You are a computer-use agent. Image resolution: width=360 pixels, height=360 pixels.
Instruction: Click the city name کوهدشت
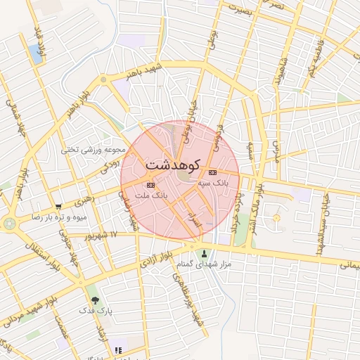[173, 164]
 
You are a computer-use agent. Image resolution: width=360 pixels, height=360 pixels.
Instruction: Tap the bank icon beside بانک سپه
[213, 172]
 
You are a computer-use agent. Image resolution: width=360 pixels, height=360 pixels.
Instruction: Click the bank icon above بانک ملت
[149, 184]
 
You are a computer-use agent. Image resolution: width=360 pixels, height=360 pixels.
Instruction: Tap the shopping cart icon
[58, 207]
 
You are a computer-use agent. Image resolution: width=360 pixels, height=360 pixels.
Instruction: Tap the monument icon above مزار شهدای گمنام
[205, 254]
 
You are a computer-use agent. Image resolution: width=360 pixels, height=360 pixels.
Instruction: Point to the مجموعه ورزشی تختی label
[94, 149]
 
